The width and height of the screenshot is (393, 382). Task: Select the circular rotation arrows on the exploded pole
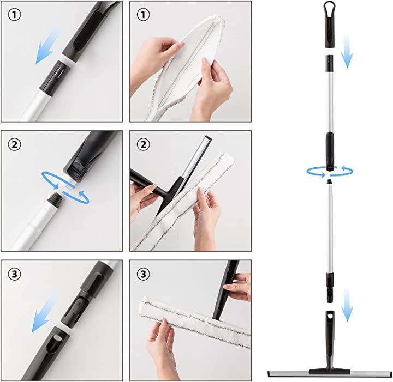(x=330, y=171)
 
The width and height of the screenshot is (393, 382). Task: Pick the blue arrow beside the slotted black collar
(x=48, y=46)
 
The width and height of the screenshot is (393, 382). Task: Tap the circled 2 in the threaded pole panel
(x=15, y=144)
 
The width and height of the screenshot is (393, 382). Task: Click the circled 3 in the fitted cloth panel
(x=143, y=274)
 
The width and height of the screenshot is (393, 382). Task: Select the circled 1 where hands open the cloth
(x=143, y=15)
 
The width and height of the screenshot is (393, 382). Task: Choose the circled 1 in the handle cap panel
(x=15, y=15)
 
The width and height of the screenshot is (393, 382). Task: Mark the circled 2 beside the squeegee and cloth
(x=143, y=144)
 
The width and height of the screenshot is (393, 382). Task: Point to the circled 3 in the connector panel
(x=15, y=274)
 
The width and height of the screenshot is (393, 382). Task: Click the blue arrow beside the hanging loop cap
(x=347, y=51)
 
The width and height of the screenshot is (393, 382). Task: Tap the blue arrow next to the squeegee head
(x=347, y=305)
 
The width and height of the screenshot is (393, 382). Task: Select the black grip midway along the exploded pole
(x=330, y=151)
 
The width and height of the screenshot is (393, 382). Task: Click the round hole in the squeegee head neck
(x=330, y=316)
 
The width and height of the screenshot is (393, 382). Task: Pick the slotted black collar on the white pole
(x=56, y=78)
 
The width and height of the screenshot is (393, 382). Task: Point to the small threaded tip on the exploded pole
(x=330, y=181)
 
